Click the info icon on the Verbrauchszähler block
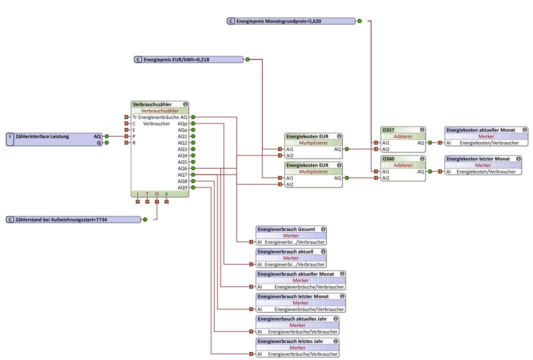click(185, 104)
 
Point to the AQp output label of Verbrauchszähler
click(182, 123)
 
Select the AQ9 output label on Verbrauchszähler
click(182, 187)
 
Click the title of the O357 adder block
click(388, 130)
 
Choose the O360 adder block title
click(388, 159)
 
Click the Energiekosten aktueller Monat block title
click(480, 130)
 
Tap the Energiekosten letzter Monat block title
click(477, 159)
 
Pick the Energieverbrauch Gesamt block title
click(286, 229)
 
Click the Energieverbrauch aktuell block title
click(285, 251)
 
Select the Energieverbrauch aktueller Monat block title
click(295, 274)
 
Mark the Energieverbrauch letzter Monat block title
click(293, 296)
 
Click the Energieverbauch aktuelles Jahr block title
click(292, 318)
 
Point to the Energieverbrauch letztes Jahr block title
click(290, 341)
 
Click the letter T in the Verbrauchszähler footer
click(147, 194)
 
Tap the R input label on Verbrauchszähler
click(133, 142)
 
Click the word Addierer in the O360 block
click(403, 165)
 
